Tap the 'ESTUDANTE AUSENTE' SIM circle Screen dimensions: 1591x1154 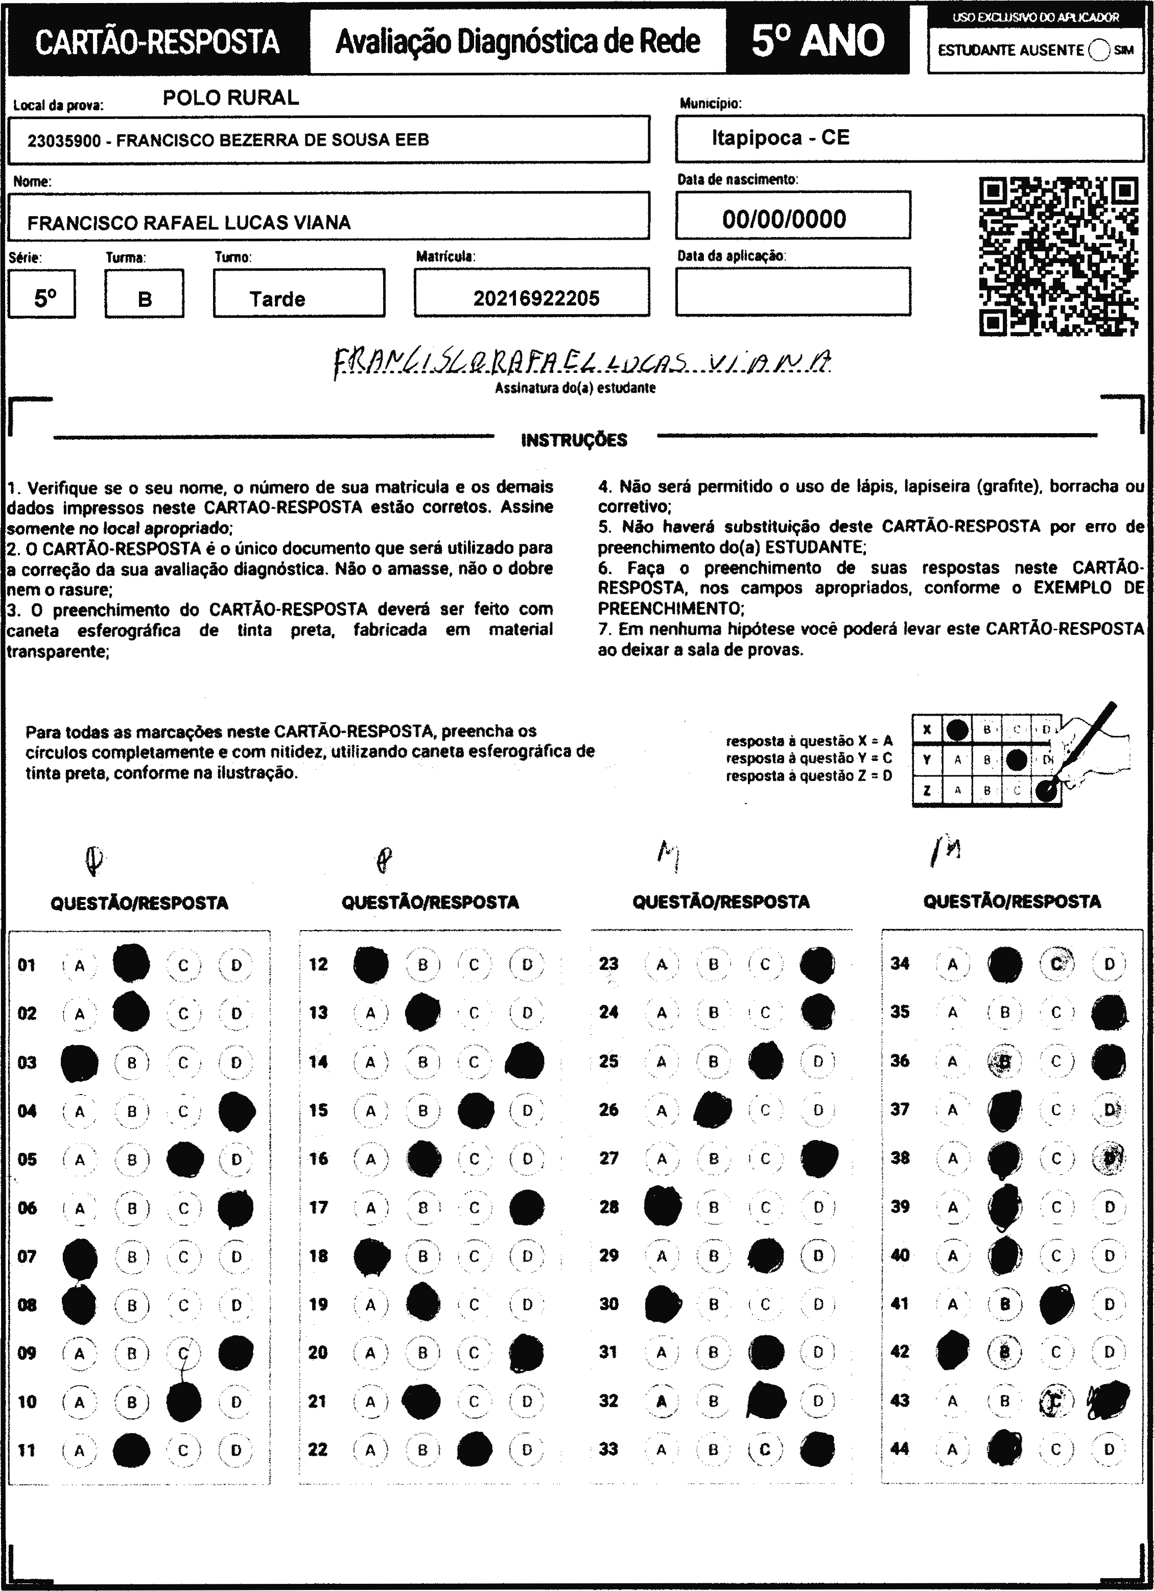[1099, 51]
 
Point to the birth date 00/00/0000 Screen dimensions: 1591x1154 [784, 219]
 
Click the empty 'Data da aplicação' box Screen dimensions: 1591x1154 [793, 291]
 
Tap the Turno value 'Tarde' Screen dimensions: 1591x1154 [278, 299]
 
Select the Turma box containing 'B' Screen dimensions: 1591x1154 [145, 299]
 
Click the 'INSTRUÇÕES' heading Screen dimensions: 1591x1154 [574, 441]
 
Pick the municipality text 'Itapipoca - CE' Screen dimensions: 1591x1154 [780, 137]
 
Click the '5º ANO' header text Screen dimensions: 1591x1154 [818, 41]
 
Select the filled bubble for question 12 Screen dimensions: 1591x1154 [371, 964]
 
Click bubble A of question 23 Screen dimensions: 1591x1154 [662, 964]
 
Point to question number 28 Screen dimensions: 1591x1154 [609, 1206]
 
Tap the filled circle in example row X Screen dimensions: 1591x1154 [957, 729]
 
